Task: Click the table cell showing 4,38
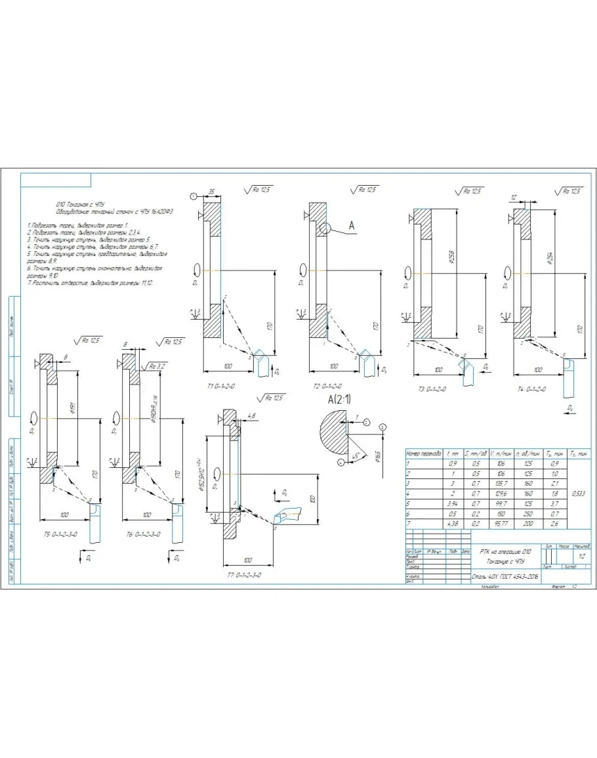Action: click(452, 523)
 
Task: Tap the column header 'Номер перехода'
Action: click(424, 453)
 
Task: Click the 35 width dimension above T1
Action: click(212, 192)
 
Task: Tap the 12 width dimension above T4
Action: click(514, 197)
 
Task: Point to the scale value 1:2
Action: click(579, 555)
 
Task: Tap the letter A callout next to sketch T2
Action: click(351, 226)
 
